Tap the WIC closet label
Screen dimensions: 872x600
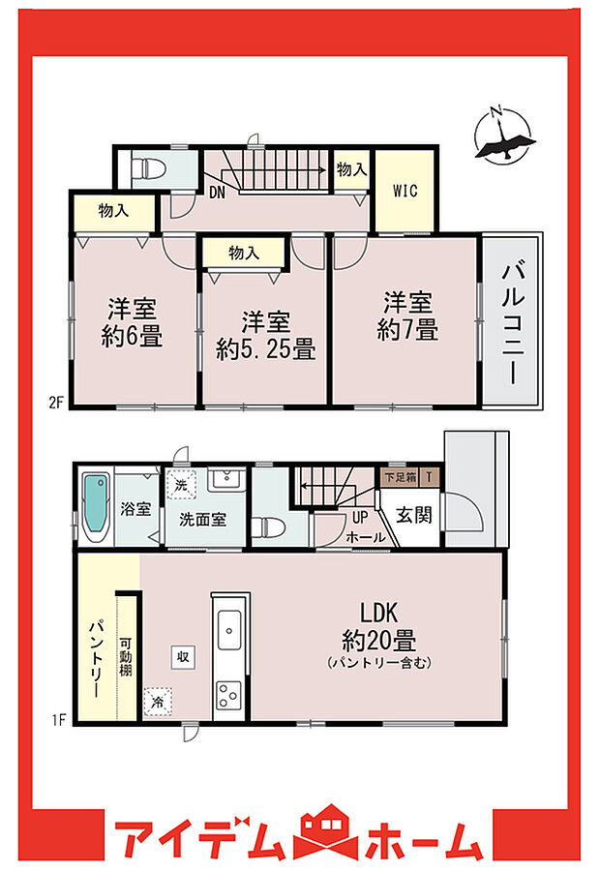pyautogui.click(x=405, y=191)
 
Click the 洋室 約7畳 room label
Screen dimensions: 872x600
pyautogui.click(x=407, y=316)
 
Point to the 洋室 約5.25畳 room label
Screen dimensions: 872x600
pyautogui.click(x=266, y=335)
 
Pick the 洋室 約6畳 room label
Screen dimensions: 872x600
pyautogui.click(x=133, y=323)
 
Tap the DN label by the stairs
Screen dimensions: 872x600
pyautogui.click(x=217, y=191)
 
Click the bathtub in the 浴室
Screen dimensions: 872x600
pyautogui.click(x=96, y=509)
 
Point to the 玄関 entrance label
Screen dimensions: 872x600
pyautogui.click(x=415, y=516)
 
